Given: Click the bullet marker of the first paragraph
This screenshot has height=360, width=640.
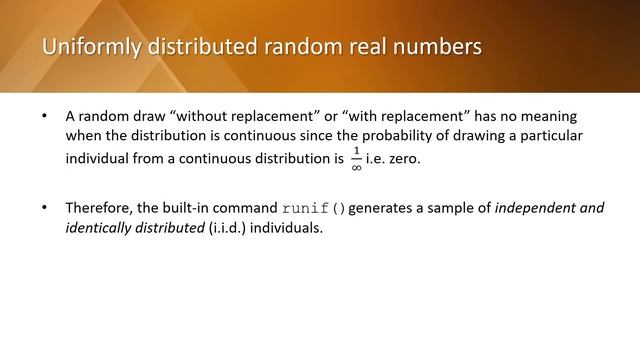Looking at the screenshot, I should pyautogui.click(x=44, y=117).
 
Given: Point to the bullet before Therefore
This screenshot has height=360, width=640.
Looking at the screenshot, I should pyautogui.click(x=44, y=208).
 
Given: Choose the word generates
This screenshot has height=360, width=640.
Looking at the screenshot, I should pyautogui.click(x=386, y=208).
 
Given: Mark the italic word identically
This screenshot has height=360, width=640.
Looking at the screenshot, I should pyautogui.click(x=100, y=227).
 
